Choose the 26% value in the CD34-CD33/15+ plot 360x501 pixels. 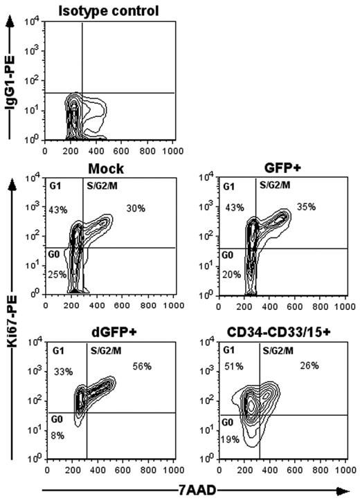(x=309, y=367)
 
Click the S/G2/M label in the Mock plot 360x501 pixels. (x=102, y=185)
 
